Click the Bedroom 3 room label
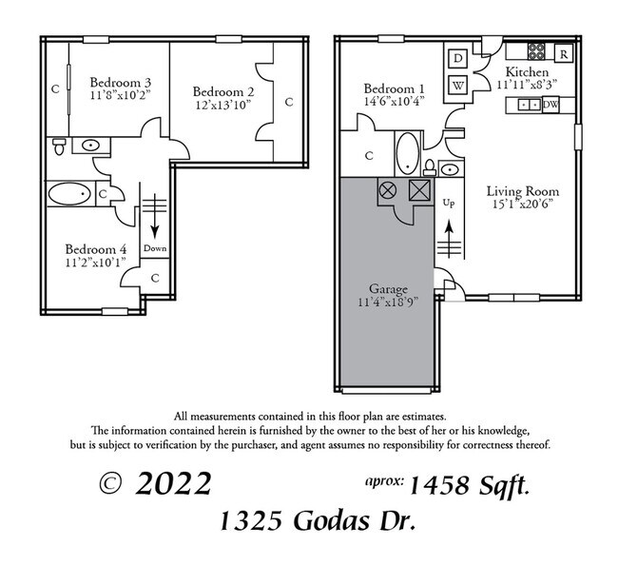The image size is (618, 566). coord(122,83)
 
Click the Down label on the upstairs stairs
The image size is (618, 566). coord(154,248)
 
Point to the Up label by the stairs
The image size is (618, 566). coord(450,202)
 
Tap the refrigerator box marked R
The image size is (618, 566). coord(564,54)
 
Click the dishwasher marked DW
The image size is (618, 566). coord(550,105)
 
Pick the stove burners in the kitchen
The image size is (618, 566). coord(536,51)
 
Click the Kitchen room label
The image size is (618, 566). coord(526,72)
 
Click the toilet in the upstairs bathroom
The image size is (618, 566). coord(60,146)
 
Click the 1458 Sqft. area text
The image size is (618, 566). coord(470,485)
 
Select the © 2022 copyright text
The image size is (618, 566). coord(156,483)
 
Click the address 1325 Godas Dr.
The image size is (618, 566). coord(318,520)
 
